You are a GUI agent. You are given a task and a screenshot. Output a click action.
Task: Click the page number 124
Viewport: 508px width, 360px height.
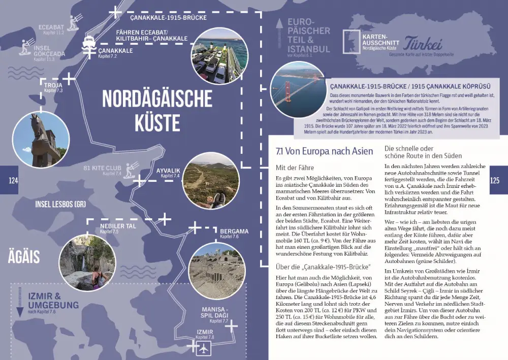(13, 180)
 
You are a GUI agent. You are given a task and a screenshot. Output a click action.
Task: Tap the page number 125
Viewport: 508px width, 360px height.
(495, 180)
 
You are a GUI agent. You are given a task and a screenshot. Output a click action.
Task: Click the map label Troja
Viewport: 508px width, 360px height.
(53, 85)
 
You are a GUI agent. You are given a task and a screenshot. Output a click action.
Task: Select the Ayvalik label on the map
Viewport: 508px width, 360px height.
(169, 171)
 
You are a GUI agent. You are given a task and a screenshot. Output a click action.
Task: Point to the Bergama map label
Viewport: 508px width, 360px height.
(234, 231)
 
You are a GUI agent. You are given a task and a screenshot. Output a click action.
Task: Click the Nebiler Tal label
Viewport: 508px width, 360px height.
(118, 226)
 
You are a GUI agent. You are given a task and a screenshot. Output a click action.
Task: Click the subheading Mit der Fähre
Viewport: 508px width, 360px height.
(295, 167)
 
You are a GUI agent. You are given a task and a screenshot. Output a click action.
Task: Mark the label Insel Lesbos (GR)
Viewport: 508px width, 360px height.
(60, 204)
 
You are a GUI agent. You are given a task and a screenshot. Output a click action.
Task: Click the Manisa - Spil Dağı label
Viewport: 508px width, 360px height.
(215, 312)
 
